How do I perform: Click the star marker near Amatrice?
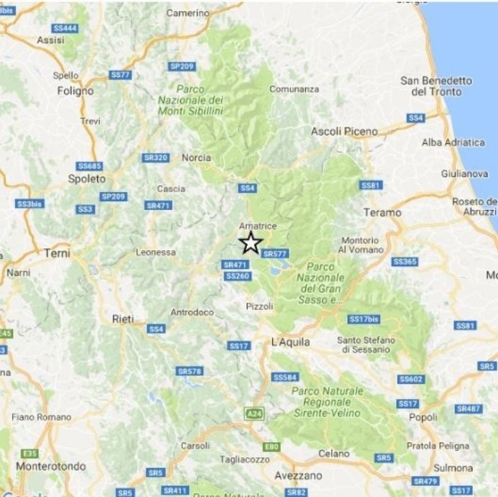click(x=250, y=242)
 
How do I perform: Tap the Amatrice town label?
click(x=258, y=226)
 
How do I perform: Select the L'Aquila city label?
click(x=290, y=340)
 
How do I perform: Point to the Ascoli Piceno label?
click(x=344, y=131)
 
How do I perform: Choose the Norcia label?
click(x=196, y=157)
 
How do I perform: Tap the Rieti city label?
click(x=123, y=318)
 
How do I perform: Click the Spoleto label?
click(x=87, y=178)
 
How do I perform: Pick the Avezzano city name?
click(x=298, y=475)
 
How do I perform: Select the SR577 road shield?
click(x=275, y=253)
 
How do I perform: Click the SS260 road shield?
click(x=237, y=276)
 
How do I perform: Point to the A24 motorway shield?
click(x=253, y=413)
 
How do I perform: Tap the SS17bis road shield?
click(x=363, y=319)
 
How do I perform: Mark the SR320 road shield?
click(x=156, y=157)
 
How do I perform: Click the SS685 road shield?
click(x=89, y=166)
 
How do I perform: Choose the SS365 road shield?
click(x=405, y=261)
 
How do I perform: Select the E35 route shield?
click(x=29, y=453)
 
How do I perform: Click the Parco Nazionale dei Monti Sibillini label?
click(x=191, y=100)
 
